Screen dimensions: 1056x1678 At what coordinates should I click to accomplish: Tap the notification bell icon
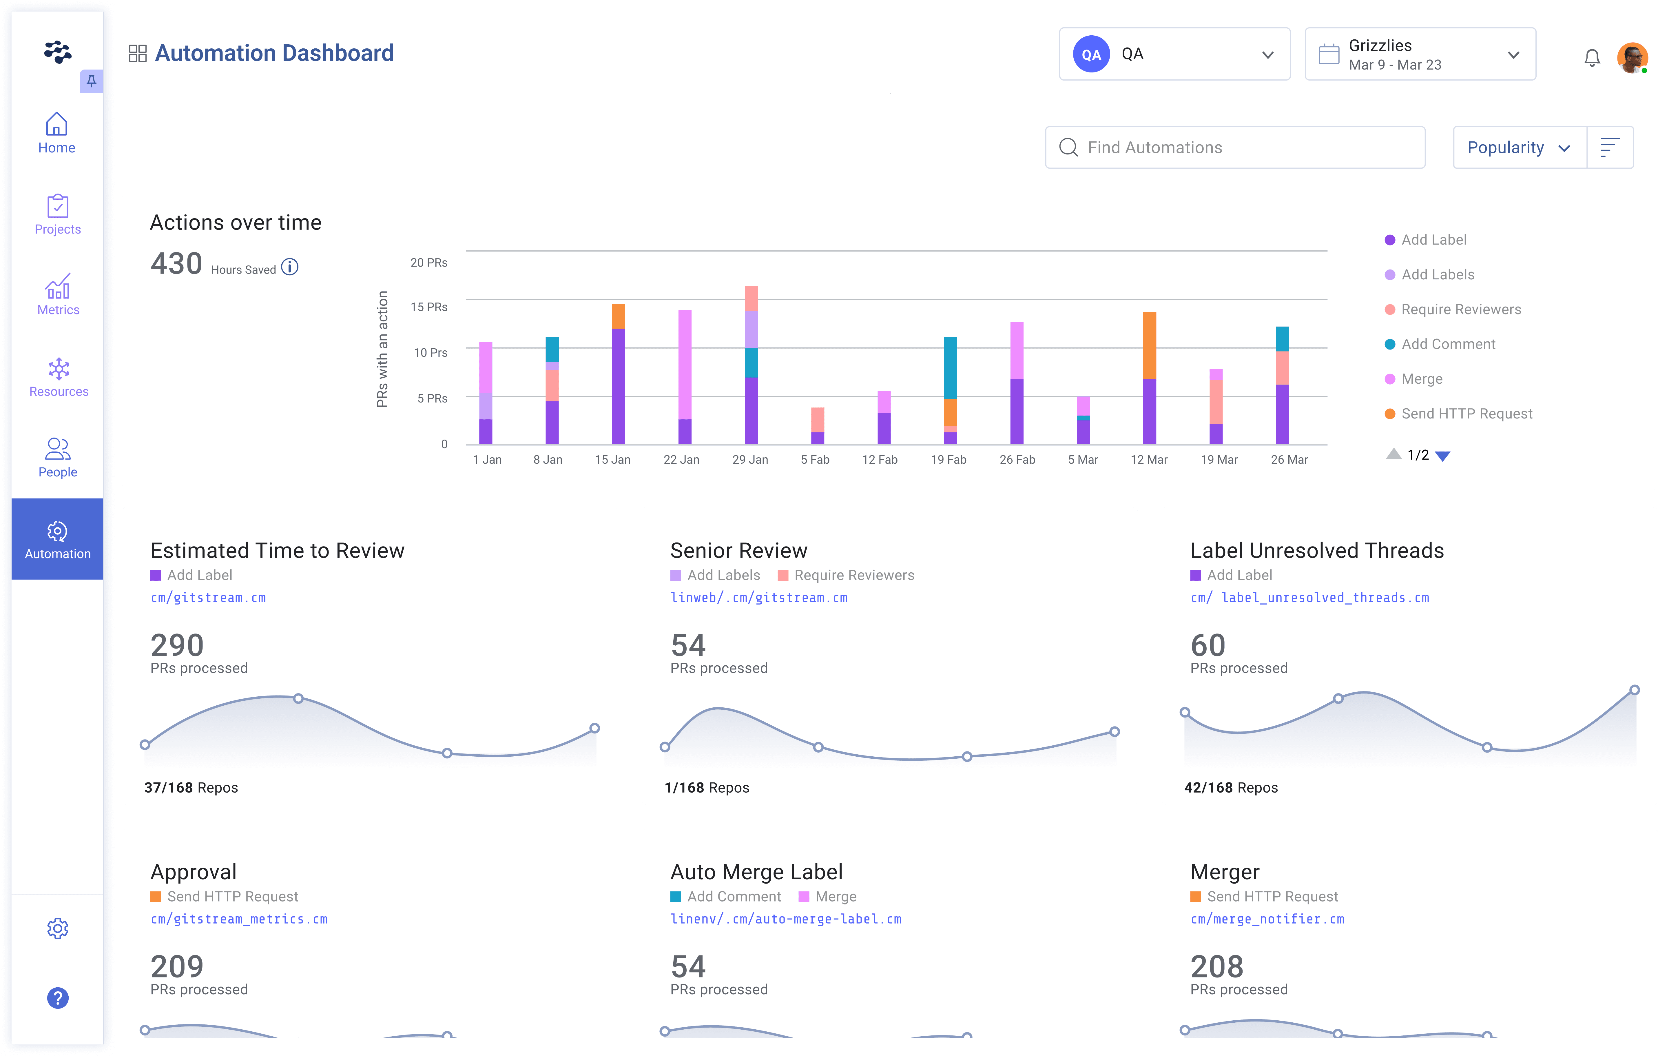point(1592,57)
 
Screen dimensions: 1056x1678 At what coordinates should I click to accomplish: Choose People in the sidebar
point(58,457)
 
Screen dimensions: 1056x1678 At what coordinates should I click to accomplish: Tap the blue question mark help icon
point(58,997)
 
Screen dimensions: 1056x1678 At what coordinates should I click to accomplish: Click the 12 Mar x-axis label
point(1148,460)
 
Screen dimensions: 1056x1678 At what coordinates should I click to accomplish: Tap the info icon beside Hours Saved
point(290,267)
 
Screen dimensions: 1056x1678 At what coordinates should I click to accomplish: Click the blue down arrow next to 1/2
point(1443,456)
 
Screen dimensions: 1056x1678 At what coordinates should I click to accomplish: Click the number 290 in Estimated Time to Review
point(177,645)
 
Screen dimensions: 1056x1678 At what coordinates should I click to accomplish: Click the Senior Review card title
point(738,551)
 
